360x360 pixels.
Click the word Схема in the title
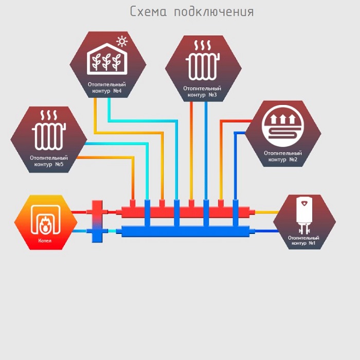point(148,11)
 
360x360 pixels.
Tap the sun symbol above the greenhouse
point(122,42)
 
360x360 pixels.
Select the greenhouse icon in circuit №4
point(107,59)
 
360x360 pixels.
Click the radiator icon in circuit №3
point(203,60)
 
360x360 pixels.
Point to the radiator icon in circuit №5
point(49,130)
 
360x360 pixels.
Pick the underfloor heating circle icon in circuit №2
point(283,126)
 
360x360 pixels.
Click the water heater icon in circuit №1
point(304,215)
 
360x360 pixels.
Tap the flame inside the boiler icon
point(45,224)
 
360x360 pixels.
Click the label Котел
point(45,241)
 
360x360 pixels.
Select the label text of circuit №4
point(107,87)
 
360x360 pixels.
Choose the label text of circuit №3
point(202,92)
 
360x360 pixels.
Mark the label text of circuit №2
point(283,156)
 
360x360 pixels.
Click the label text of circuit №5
point(49,161)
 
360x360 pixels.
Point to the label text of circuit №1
point(303,240)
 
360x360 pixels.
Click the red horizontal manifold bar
point(186,212)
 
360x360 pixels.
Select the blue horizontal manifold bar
point(186,231)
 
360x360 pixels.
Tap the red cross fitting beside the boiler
point(97,212)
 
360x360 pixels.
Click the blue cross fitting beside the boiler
point(97,231)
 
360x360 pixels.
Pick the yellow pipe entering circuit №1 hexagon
point(267,212)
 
